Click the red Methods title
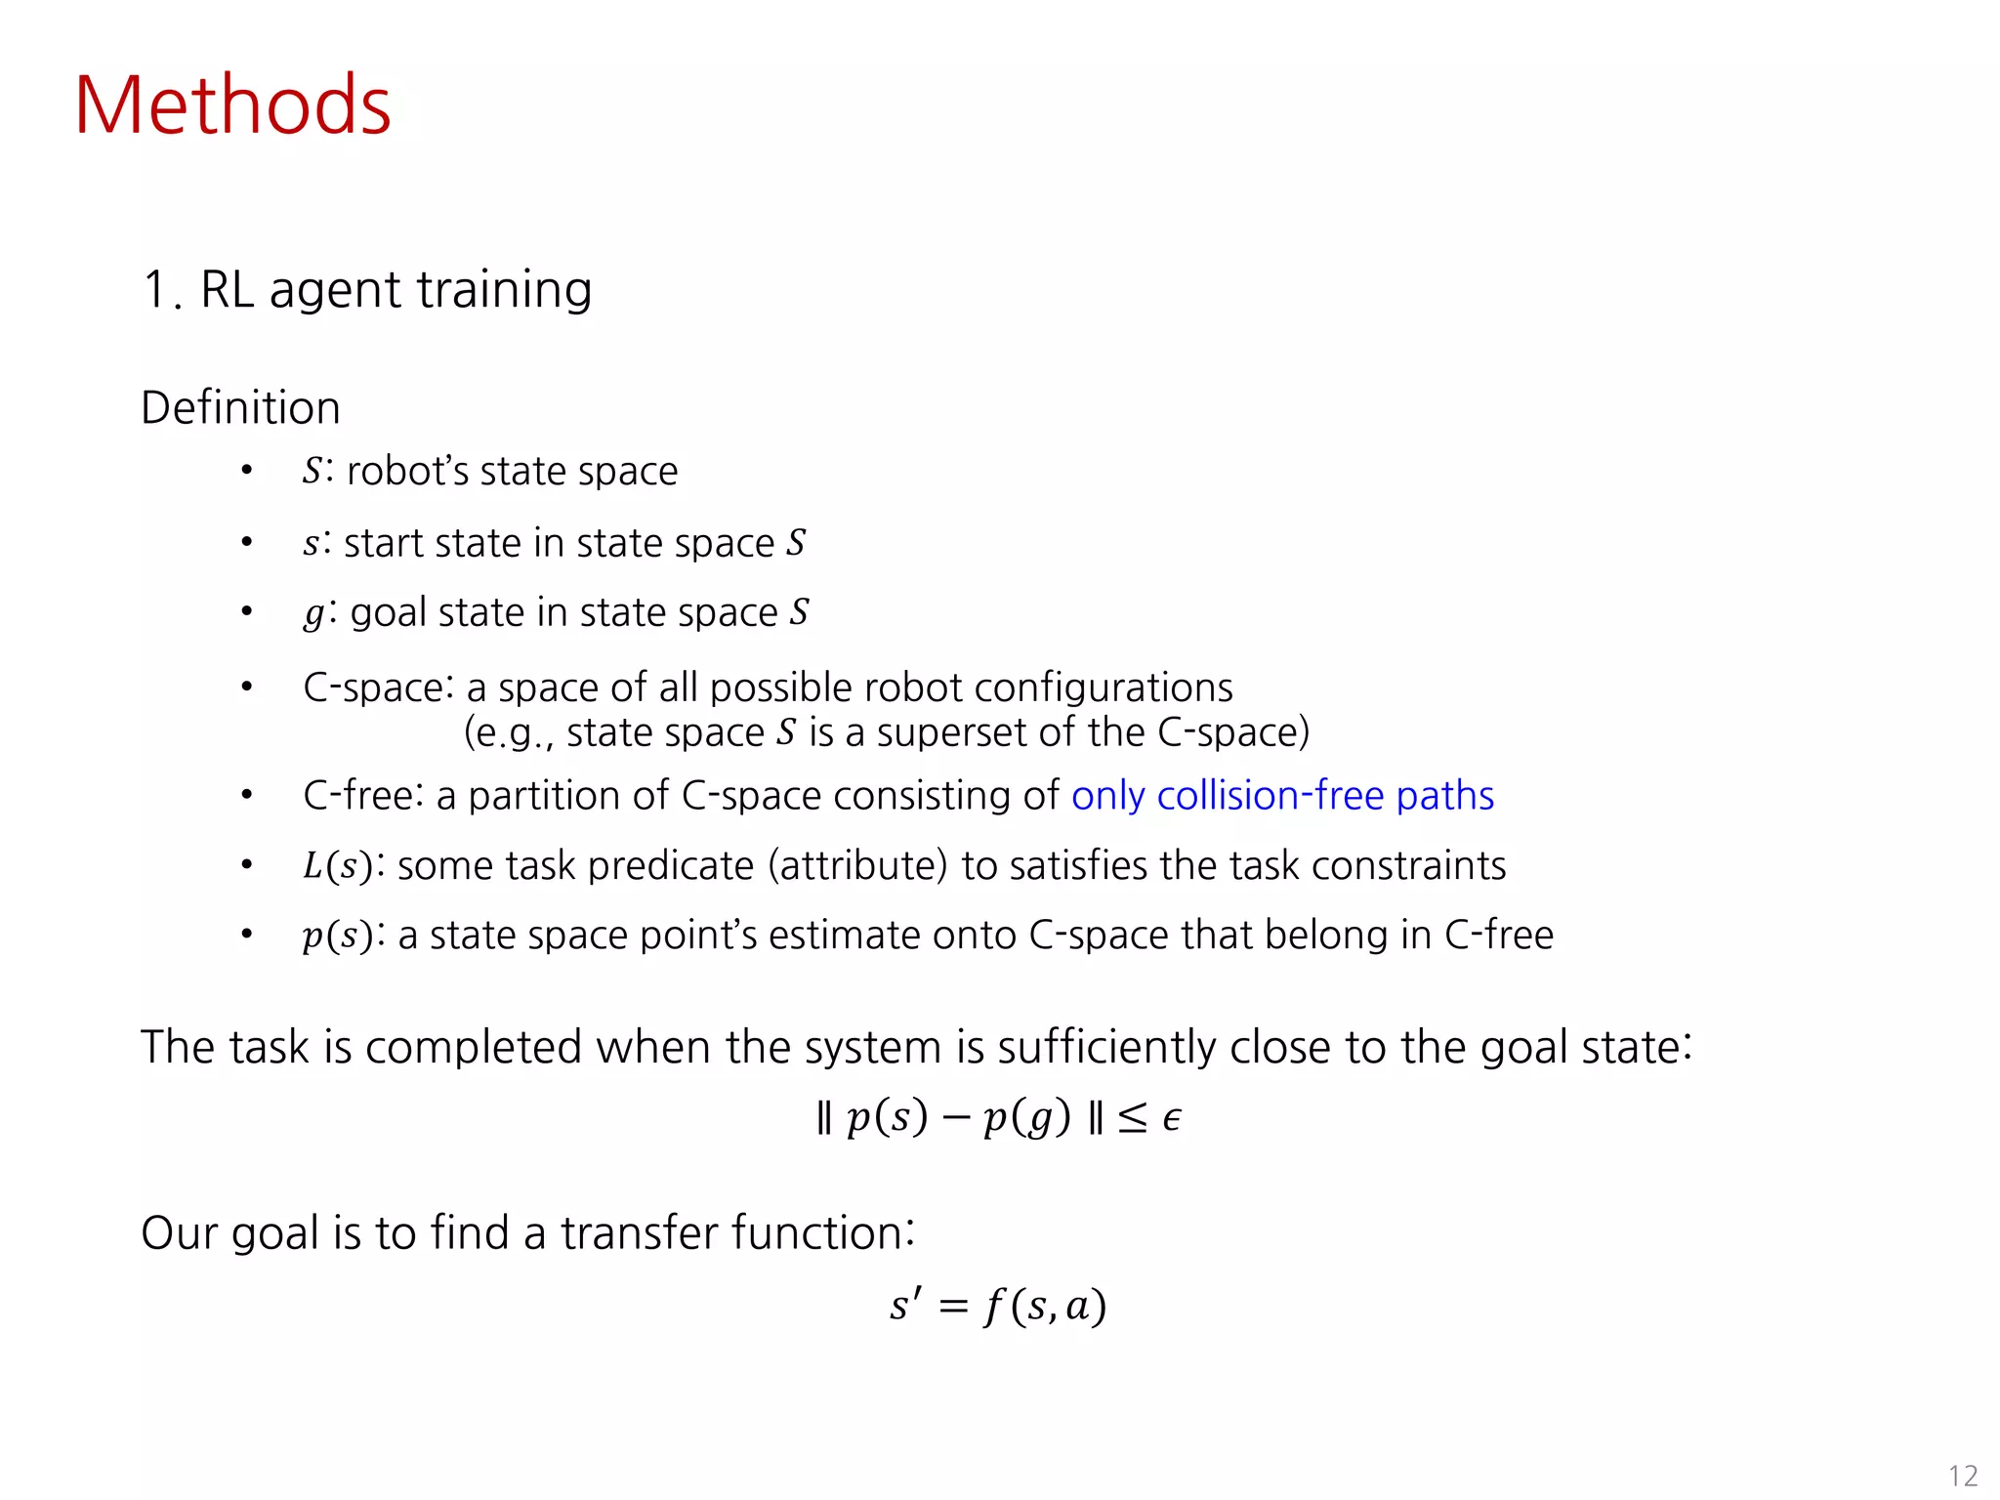[x=232, y=105]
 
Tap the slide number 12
[x=1962, y=1475]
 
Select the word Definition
[x=240, y=407]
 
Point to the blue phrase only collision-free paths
[x=1282, y=796]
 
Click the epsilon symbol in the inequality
[x=1172, y=1117]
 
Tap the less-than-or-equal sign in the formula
[x=1133, y=1117]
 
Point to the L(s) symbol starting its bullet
[x=338, y=866]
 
